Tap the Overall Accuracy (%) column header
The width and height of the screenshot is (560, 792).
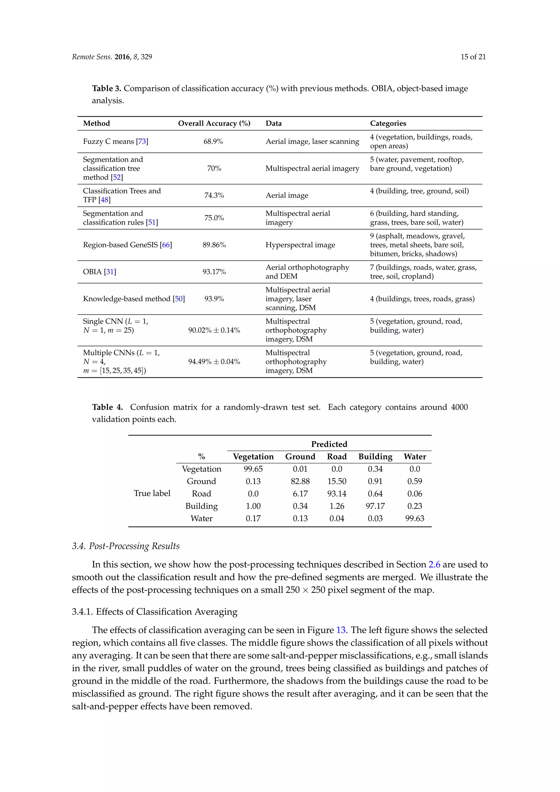point(214,124)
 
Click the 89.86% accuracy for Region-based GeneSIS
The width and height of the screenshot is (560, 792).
point(214,245)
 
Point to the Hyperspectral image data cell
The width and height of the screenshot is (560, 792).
point(300,245)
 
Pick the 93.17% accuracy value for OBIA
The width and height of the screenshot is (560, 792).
point(214,272)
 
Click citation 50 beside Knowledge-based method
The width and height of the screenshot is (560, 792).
point(179,299)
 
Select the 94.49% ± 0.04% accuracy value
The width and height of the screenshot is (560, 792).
point(214,362)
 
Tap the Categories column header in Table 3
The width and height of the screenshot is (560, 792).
point(388,124)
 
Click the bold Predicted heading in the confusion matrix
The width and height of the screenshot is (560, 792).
point(329,444)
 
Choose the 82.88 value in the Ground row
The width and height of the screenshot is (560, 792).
point(300,481)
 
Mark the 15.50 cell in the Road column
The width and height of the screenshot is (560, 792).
point(337,481)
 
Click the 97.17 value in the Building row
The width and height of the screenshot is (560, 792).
point(375,506)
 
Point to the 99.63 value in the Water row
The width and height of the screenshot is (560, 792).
point(415,519)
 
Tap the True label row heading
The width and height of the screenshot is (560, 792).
point(152,493)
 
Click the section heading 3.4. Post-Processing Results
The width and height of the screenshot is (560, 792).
point(126,546)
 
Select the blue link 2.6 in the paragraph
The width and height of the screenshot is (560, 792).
point(434,565)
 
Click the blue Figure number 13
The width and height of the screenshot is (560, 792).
point(341,630)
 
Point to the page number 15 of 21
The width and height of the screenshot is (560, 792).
point(473,57)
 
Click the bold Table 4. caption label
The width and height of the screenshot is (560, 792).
point(107,407)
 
